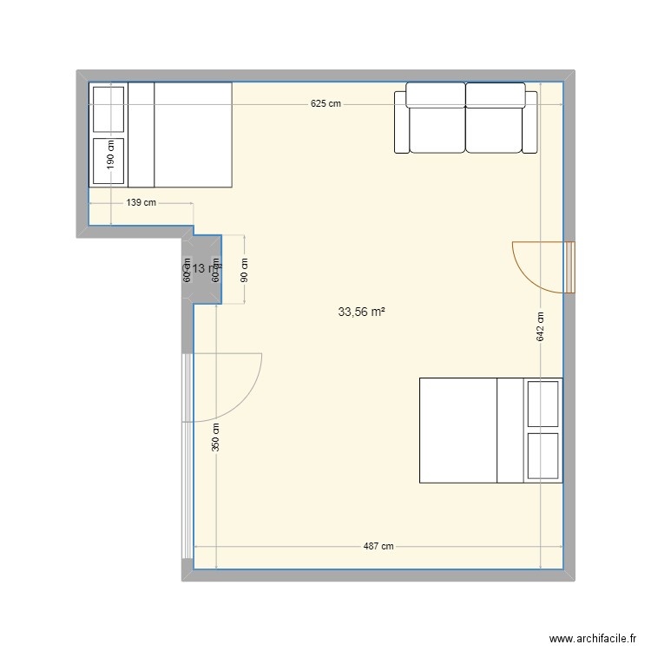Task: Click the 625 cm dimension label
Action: click(x=325, y=104)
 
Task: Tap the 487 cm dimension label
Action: click(x=378, y=546)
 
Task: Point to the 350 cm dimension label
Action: click(x=216, y=435)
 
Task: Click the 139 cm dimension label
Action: click(x=141, y=203)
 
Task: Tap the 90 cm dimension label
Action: click(x=245, y=270)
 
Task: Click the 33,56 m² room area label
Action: click(x=361, y=311)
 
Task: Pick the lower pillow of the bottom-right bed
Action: click(x=543, y=456)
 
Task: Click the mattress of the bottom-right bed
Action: click(x=458, y=430)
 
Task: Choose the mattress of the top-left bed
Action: click(x=193, y=135)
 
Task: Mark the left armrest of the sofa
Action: click(x=401, y=122)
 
